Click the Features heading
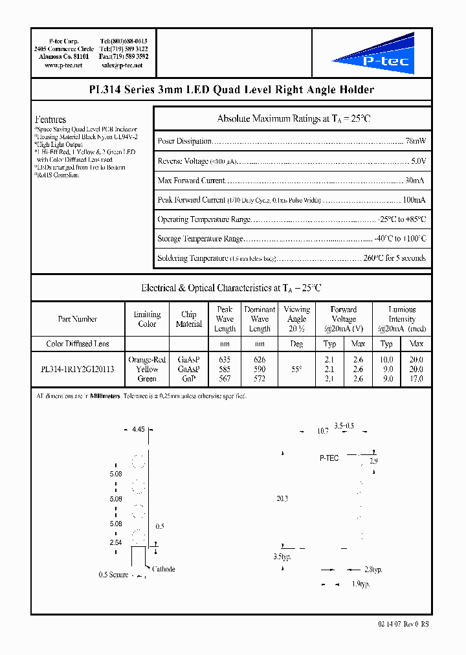click(x=50, y=120)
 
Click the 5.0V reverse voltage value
click(x=419, y=161)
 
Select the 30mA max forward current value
click(x=415, y=181)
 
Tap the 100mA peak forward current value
click(x=413, y=200)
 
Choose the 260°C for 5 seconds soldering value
click(x=395, y=258)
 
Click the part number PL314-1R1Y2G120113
click(x=77, y=369)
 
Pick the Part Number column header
click(x=77, y=319)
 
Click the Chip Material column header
click(x=189, y=319)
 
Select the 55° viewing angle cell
click(x=296, y=369)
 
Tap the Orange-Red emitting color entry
click(x=147, y=360)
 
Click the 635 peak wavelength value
click(x=225, y=360)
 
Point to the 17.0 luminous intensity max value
click(x=416, y=379)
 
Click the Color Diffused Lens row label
click(x=78, y=344)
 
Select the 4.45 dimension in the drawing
click(x=139, y=429)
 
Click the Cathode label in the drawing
click(x=164, y=570)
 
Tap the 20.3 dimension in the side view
click(x=282, y=499)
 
